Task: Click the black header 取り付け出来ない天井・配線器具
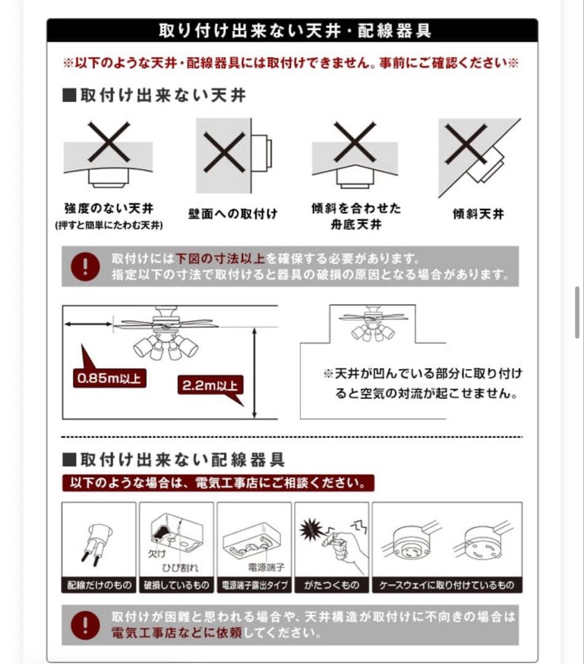[292, 31]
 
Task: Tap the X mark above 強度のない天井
[108, 142]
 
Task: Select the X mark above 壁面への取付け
[224, 152]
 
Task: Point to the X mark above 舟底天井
[354, 142]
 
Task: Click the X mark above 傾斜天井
[466, 144]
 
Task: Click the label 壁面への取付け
[233, 214]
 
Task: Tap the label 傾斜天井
[478, 214]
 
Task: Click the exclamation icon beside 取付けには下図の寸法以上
[85, 266]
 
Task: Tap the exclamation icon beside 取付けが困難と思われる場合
[85, 625]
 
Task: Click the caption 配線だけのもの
[99, 585]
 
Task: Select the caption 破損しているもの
[177, 585]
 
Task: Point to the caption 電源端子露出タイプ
[254, 585]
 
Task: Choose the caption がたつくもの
[332, 585]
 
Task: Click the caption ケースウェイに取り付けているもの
[447, 585]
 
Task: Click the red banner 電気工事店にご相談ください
[218, 482]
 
